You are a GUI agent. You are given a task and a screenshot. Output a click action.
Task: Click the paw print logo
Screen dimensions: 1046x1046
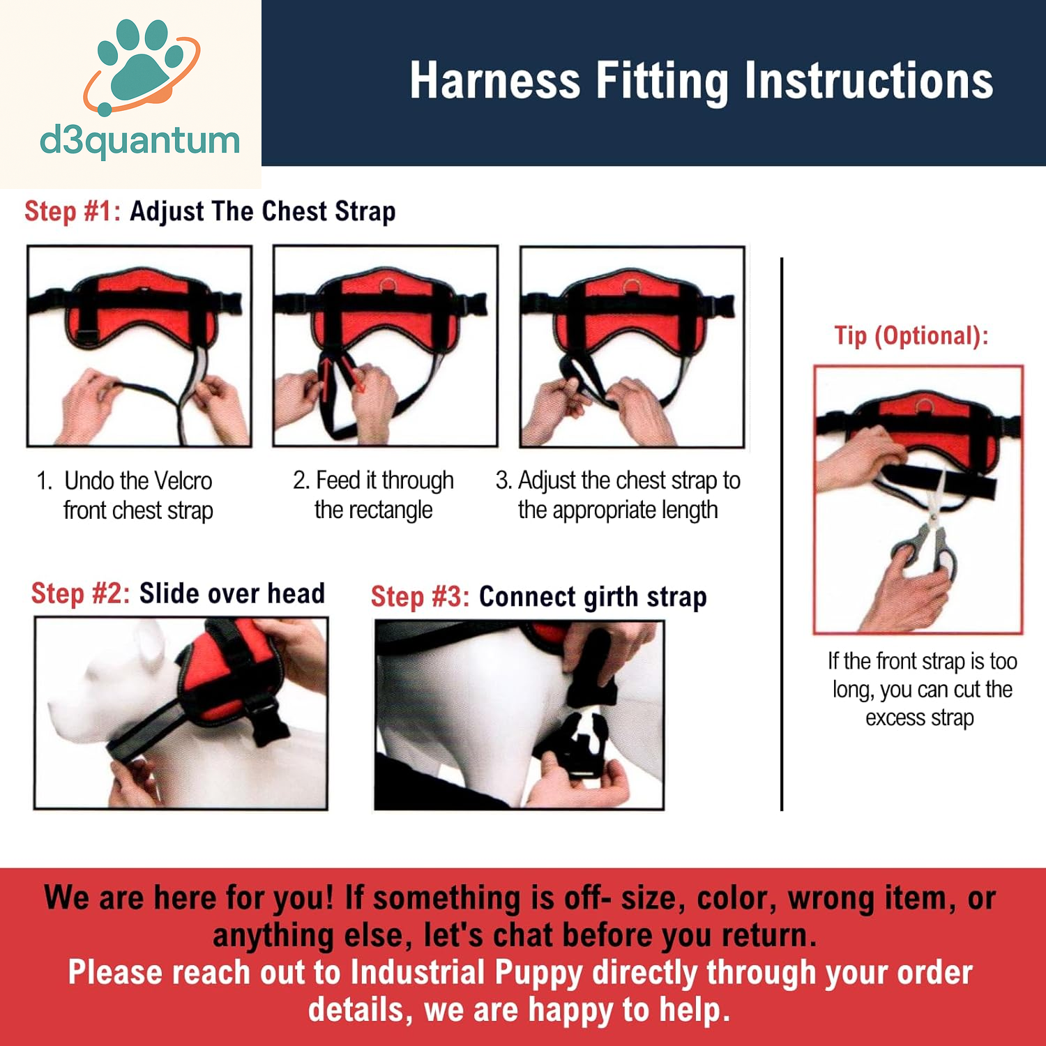click(x=142, y=66)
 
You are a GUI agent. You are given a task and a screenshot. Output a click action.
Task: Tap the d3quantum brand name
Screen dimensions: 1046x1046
click(x=140, y=142)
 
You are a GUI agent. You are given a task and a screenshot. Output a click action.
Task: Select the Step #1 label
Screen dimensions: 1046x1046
click(x=73, y=211)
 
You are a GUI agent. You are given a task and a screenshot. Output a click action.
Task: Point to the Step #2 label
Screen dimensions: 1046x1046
click(x=80, y=593)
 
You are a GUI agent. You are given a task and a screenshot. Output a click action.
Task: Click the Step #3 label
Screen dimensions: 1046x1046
click(x=420, y=597)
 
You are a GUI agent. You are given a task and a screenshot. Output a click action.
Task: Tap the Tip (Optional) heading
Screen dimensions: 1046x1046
click(x=911, y=336)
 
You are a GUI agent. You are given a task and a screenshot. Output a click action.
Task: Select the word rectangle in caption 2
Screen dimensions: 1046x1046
click(x=391, y=510)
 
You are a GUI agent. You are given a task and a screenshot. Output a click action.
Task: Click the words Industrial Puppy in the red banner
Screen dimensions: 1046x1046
click(x=467, y=973)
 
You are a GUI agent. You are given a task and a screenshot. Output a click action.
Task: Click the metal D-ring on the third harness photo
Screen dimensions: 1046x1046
click(x=631, y=287)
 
